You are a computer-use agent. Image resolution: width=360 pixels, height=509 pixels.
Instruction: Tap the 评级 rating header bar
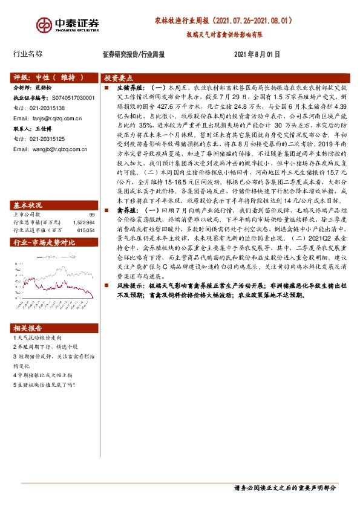coord(48,78)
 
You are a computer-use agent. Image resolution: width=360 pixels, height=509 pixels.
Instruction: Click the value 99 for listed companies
coord(92,198)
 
